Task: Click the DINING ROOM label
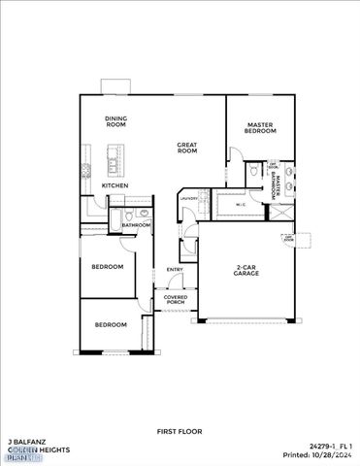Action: pyautogui.click(x=116, y=121)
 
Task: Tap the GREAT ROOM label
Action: pyautogui.click(x=187, y=149)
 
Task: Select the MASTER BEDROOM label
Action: pyautogui.click(x=259, y=127)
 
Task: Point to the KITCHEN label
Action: pyautogui.click(x=115, y=184)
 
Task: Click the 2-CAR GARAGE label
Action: pyautogui.click(x=246, y=272)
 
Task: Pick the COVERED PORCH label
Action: pyautogui.click(x=175, y=300)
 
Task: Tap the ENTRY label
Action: pyautogui.click(x=175, y=269)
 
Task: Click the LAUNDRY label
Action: pyautogui.click(x=188, y=199)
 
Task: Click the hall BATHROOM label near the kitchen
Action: pyautogui.click(x=136, y=225)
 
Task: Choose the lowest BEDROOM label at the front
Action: pyautogui.click(x=110, y=324)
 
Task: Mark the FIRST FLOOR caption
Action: pyautogui.click(x=180, y=430)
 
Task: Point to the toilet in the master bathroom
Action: pyautogui.click(x=251, y=171)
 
